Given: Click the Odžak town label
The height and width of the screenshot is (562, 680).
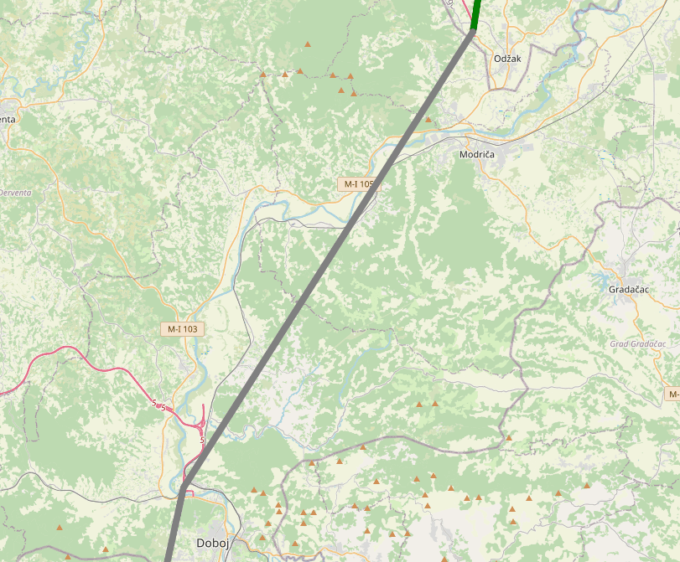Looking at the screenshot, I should (507, 58).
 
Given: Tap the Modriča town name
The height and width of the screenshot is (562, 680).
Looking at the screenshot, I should (477, 155).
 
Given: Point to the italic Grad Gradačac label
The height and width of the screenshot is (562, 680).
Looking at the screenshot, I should (637, 344).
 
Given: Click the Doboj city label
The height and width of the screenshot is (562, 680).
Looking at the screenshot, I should (213, 543).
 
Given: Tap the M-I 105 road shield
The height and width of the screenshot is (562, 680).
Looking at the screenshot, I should (356, 183).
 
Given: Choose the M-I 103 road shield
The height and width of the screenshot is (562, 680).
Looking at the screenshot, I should (182, 329).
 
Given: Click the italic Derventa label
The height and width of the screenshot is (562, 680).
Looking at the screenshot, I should (15, 193).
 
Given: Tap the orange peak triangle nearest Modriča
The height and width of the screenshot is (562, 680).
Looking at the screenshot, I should (428, 120).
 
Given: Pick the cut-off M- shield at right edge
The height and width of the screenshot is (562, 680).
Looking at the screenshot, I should (673, 394).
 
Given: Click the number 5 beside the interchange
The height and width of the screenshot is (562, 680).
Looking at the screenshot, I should (203, 439).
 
